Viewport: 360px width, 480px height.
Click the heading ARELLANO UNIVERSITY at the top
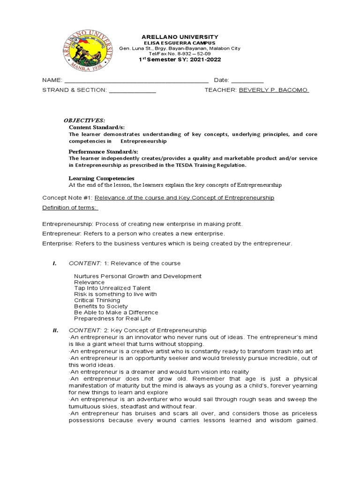pyautogui.click(x=180, y=37)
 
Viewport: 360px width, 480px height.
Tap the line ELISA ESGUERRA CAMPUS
pyautogui.click(x=180, y=43)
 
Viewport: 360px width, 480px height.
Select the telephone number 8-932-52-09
pyautogui.click(x=193, y=54)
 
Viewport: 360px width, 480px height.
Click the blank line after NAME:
pyautogui.click(x=136, y=80)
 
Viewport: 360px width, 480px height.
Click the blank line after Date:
pyautogui.click(x=247, y=80)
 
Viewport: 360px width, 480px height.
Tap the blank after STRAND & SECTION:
pyautogui.click(x=132, y=90)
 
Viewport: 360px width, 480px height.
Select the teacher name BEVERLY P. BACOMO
pyautogui.click(x=274, y=90)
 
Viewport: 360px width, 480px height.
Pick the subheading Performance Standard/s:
pyautogui.click(x=103, y=152)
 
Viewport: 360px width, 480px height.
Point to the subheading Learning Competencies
pyautogui.click(x=102, y=178)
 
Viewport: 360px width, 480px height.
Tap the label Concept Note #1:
pyautogui.click(x=67, y=198)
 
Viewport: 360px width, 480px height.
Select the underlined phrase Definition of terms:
pyautogui.click(x=70, y=208)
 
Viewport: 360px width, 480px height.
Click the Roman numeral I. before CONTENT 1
pyautogui.click(x=54, y=263)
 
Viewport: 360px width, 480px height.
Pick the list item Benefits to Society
pyautogui.click(x=101, y=306)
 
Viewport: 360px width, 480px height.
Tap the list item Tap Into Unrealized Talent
pyautogui.click(x=112, y=288)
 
